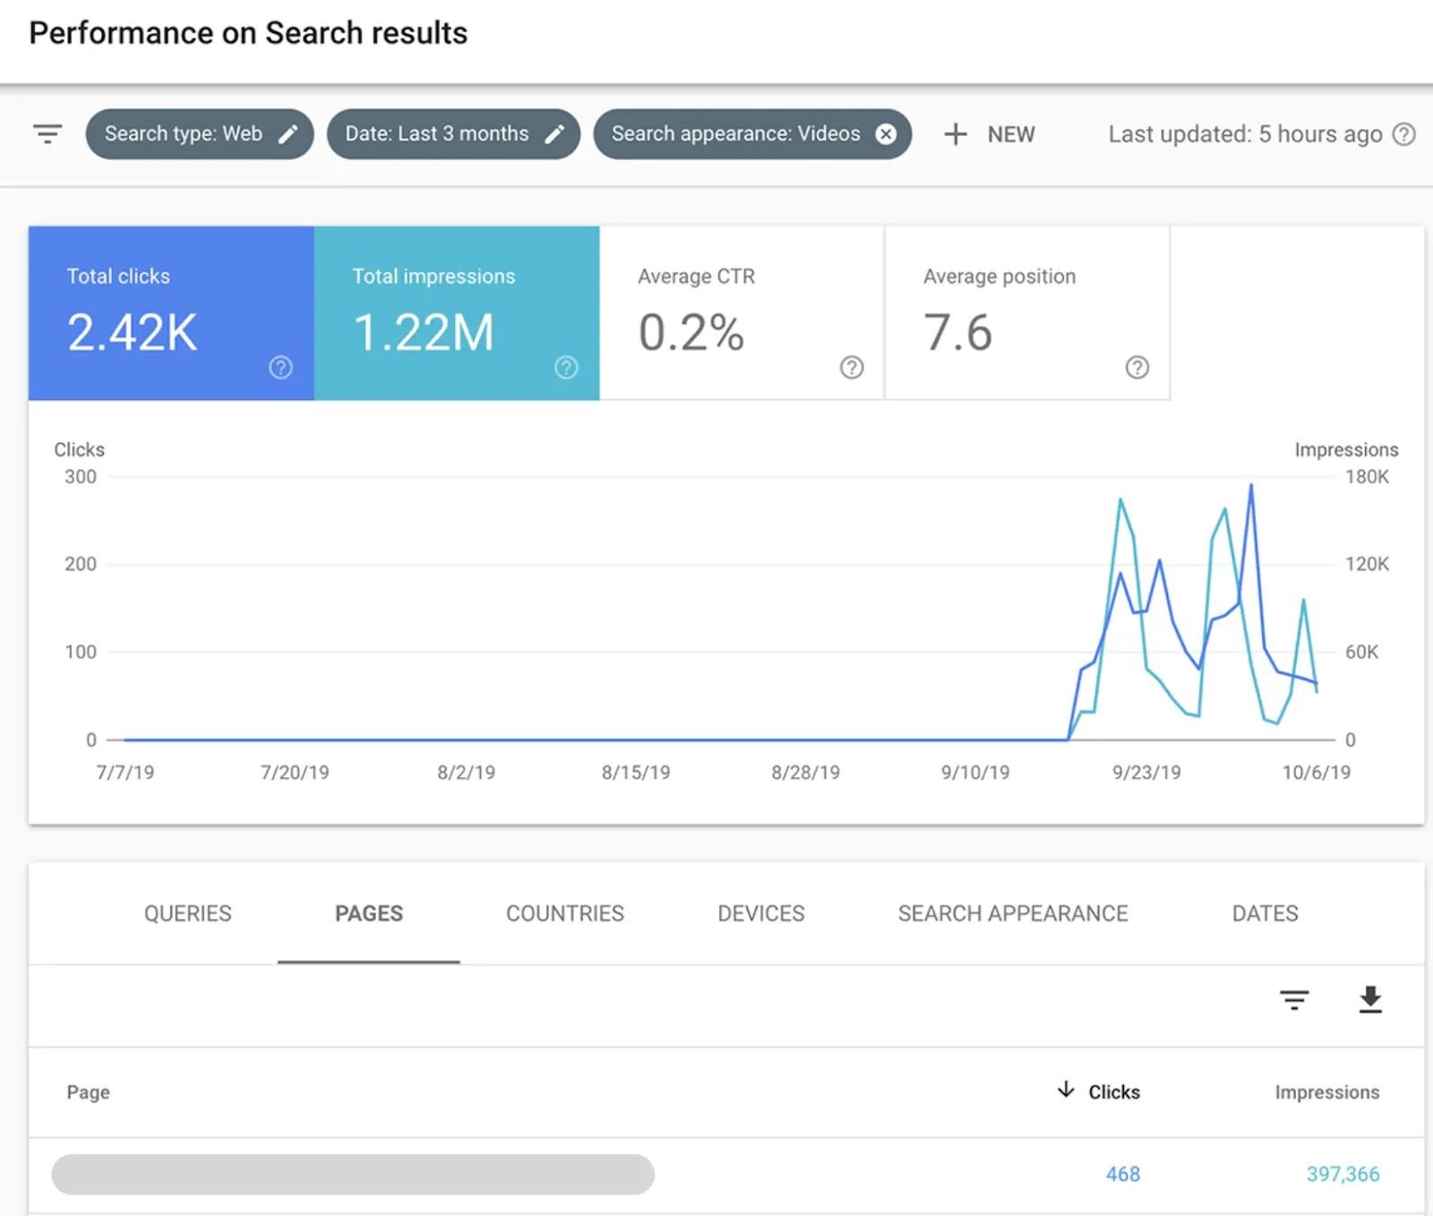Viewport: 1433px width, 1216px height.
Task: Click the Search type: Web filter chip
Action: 199,134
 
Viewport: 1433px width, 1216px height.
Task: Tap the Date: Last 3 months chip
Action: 453,134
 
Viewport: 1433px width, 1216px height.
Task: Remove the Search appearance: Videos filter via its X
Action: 886,134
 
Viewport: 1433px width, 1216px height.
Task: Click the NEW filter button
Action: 990,134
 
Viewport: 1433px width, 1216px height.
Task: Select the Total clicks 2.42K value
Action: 133,333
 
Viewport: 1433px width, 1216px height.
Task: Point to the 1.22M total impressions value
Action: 424,333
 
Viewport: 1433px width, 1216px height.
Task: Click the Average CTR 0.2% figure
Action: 691,333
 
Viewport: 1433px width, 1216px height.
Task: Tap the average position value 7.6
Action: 957,333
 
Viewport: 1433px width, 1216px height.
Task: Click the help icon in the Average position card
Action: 1137,367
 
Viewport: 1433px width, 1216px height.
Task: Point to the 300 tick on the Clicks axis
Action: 81,477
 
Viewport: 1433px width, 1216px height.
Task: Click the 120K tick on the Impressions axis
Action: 1367,564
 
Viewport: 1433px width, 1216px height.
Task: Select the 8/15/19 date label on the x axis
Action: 636,772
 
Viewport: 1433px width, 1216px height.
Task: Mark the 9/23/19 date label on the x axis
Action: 1146,772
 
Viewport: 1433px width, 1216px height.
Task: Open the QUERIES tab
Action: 188,913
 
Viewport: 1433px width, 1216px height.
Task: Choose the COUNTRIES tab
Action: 565,913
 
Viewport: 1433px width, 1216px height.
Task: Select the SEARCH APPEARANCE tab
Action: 1013,913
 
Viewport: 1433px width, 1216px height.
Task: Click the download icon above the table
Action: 1370,999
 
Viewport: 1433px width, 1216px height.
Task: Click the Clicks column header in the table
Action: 1113,1092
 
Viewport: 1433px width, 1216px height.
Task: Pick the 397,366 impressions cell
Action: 1343,1174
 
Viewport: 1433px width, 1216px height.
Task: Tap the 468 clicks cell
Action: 1122,1174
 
